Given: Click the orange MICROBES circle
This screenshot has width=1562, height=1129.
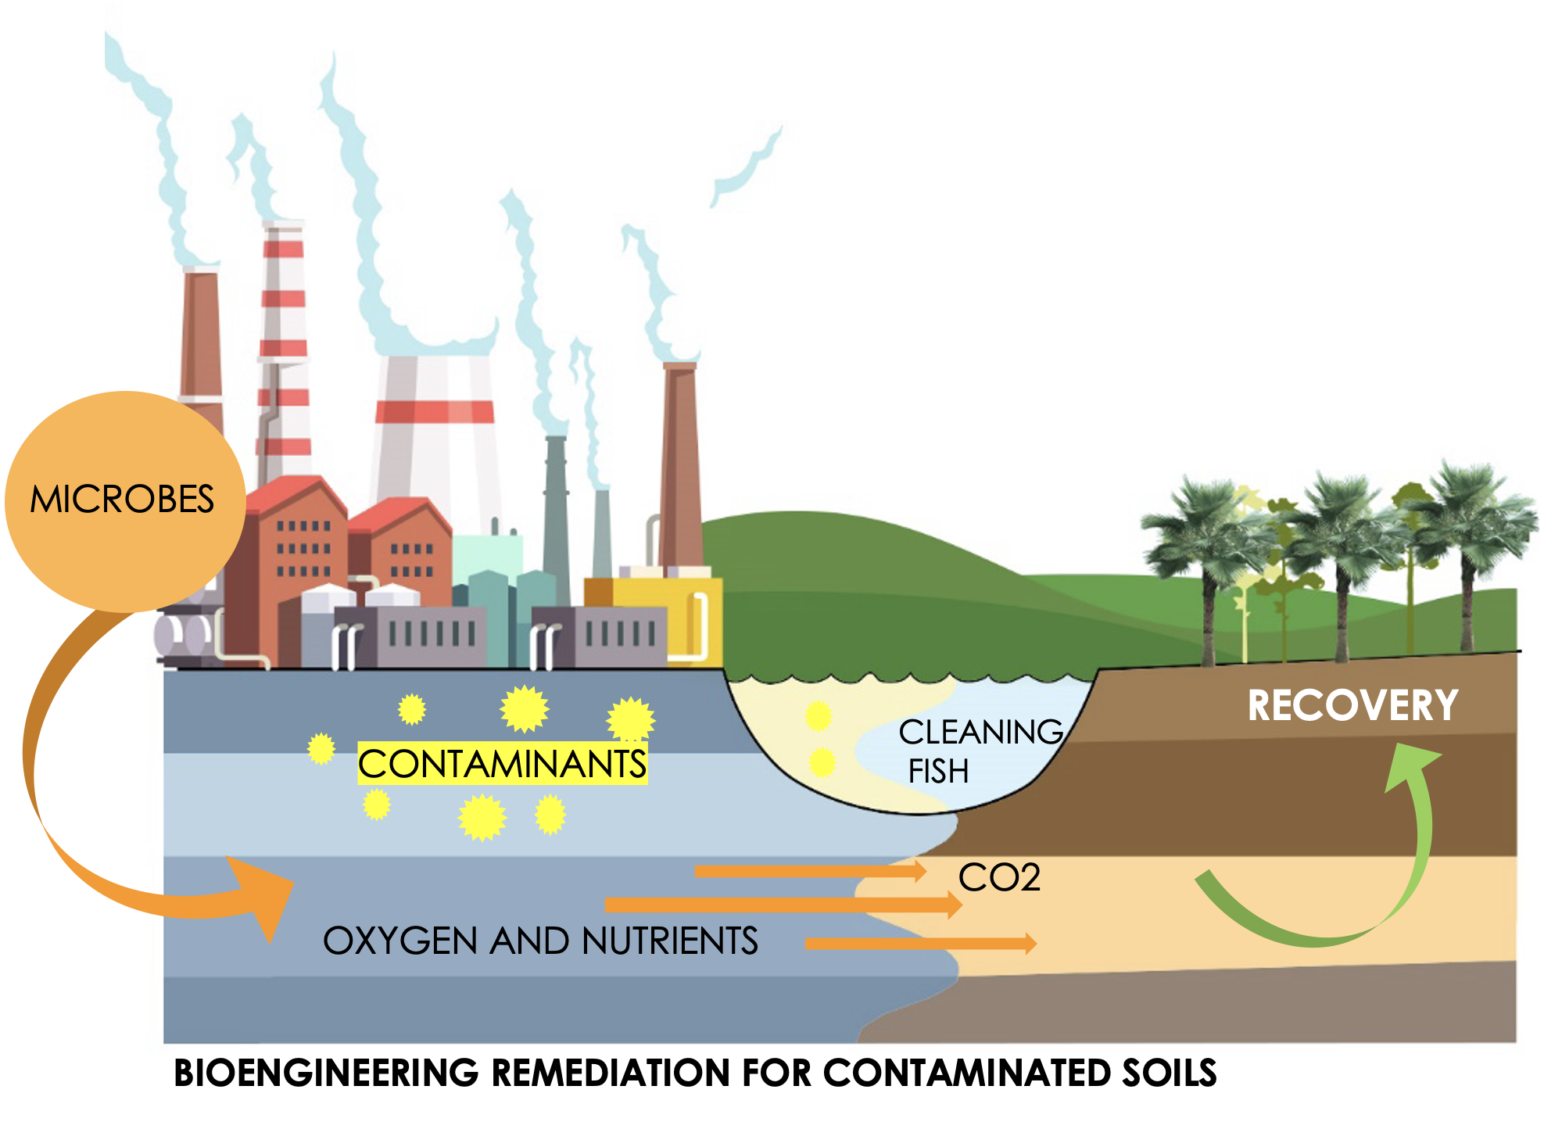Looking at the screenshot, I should pos(125,500).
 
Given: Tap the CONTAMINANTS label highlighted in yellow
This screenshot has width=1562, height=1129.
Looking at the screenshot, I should pos(502,764).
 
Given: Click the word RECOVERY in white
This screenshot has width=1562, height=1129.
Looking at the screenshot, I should pos(1352,705).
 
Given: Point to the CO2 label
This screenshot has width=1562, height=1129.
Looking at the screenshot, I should pos(999,877).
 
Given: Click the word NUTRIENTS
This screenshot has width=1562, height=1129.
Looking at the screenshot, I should pos(670,941).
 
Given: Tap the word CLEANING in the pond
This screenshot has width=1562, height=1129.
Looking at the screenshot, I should pos(980,733).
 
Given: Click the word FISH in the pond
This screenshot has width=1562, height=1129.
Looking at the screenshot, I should pos(938,772).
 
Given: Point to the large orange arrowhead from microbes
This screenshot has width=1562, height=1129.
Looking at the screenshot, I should pos(262,895).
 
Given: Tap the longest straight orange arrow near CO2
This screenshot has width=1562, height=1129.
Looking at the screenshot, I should pos(782,905).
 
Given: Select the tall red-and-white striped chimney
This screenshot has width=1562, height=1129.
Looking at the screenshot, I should pos(283,352).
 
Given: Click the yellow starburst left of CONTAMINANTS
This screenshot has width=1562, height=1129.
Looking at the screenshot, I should pos(321,748).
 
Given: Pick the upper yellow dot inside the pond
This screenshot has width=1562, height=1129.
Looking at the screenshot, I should pos(818,715).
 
